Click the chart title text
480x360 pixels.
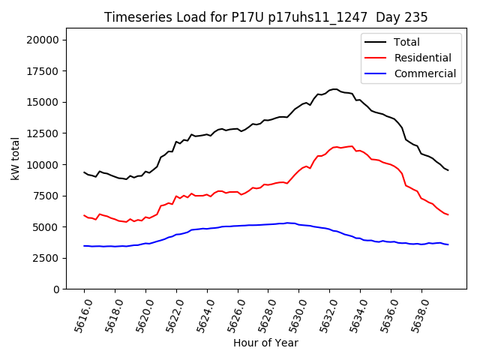point(265,17)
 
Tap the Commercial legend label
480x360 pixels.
point(424,73)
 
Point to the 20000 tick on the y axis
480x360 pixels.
point(46,40)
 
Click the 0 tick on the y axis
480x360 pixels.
point(58,289)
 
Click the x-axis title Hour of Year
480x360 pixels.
point(265,343)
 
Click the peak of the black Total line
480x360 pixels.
point(334,89)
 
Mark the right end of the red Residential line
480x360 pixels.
point(448,214)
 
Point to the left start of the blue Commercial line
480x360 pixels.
point(84,246)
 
